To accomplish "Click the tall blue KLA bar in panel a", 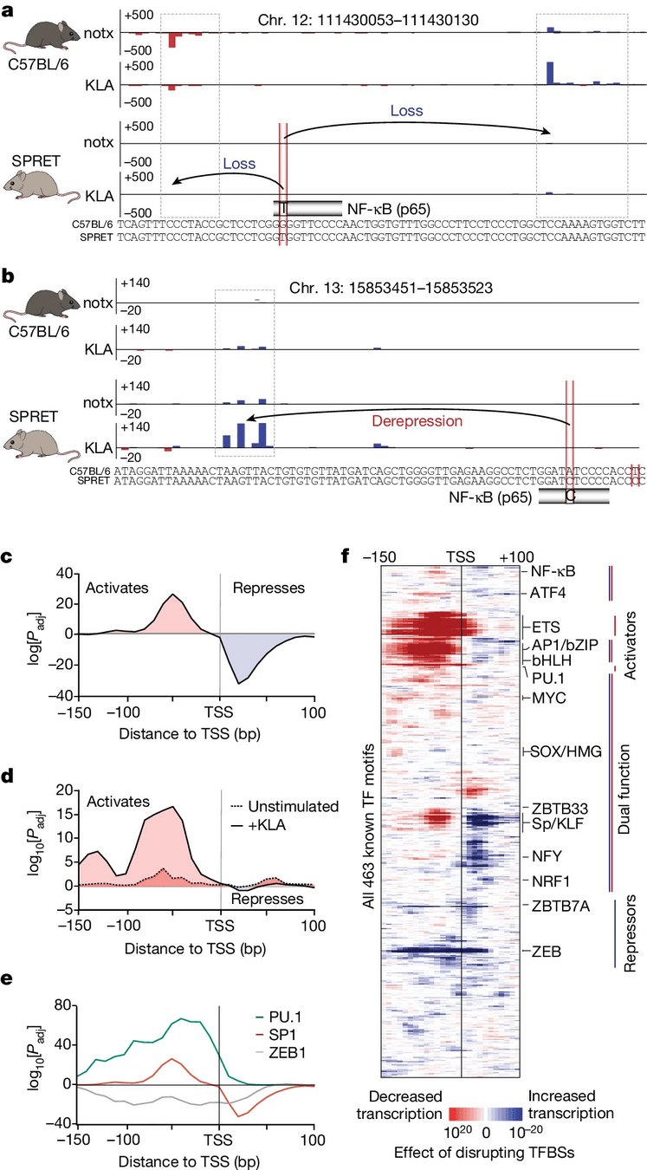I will click(550, 73).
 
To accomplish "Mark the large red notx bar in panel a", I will click(171, 41).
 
